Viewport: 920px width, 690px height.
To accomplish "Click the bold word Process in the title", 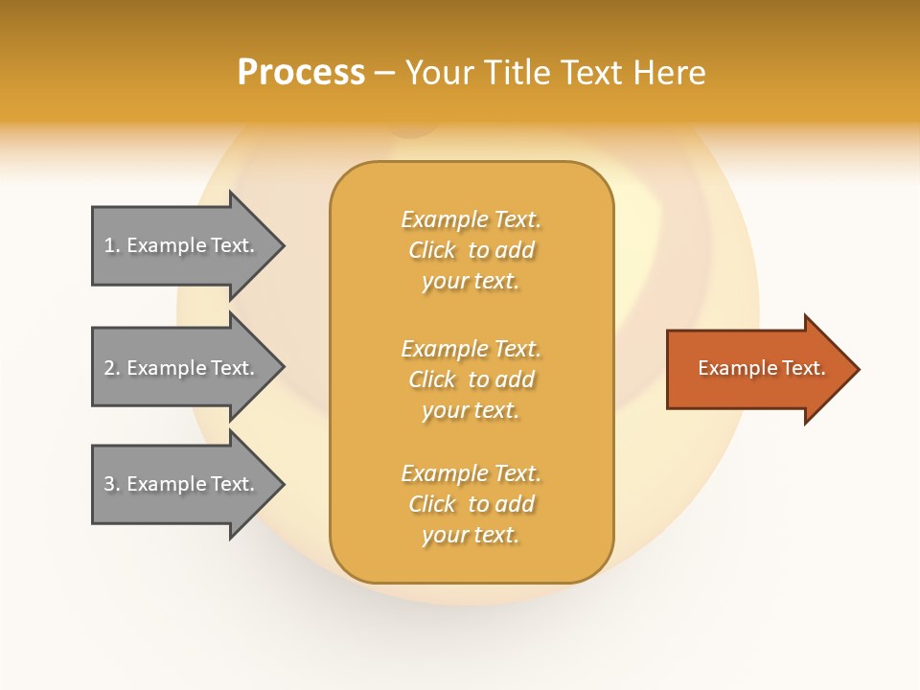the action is click(301, 73).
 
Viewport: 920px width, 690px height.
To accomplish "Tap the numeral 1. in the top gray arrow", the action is click(112, 245).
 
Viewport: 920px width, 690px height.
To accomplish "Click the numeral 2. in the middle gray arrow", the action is click(112, 368).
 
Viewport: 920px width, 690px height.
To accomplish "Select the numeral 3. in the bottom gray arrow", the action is click(112, 484).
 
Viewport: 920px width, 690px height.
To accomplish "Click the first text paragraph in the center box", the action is click(471, 250).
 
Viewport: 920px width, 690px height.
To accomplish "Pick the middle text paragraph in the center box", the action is click(471, 379).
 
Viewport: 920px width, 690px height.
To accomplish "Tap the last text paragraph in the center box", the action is click(471, 504).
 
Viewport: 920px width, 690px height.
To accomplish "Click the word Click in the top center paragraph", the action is click(432, 250).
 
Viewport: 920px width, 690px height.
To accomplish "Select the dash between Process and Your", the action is click(385, 74).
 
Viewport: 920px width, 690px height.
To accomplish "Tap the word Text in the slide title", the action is click(593, 73).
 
